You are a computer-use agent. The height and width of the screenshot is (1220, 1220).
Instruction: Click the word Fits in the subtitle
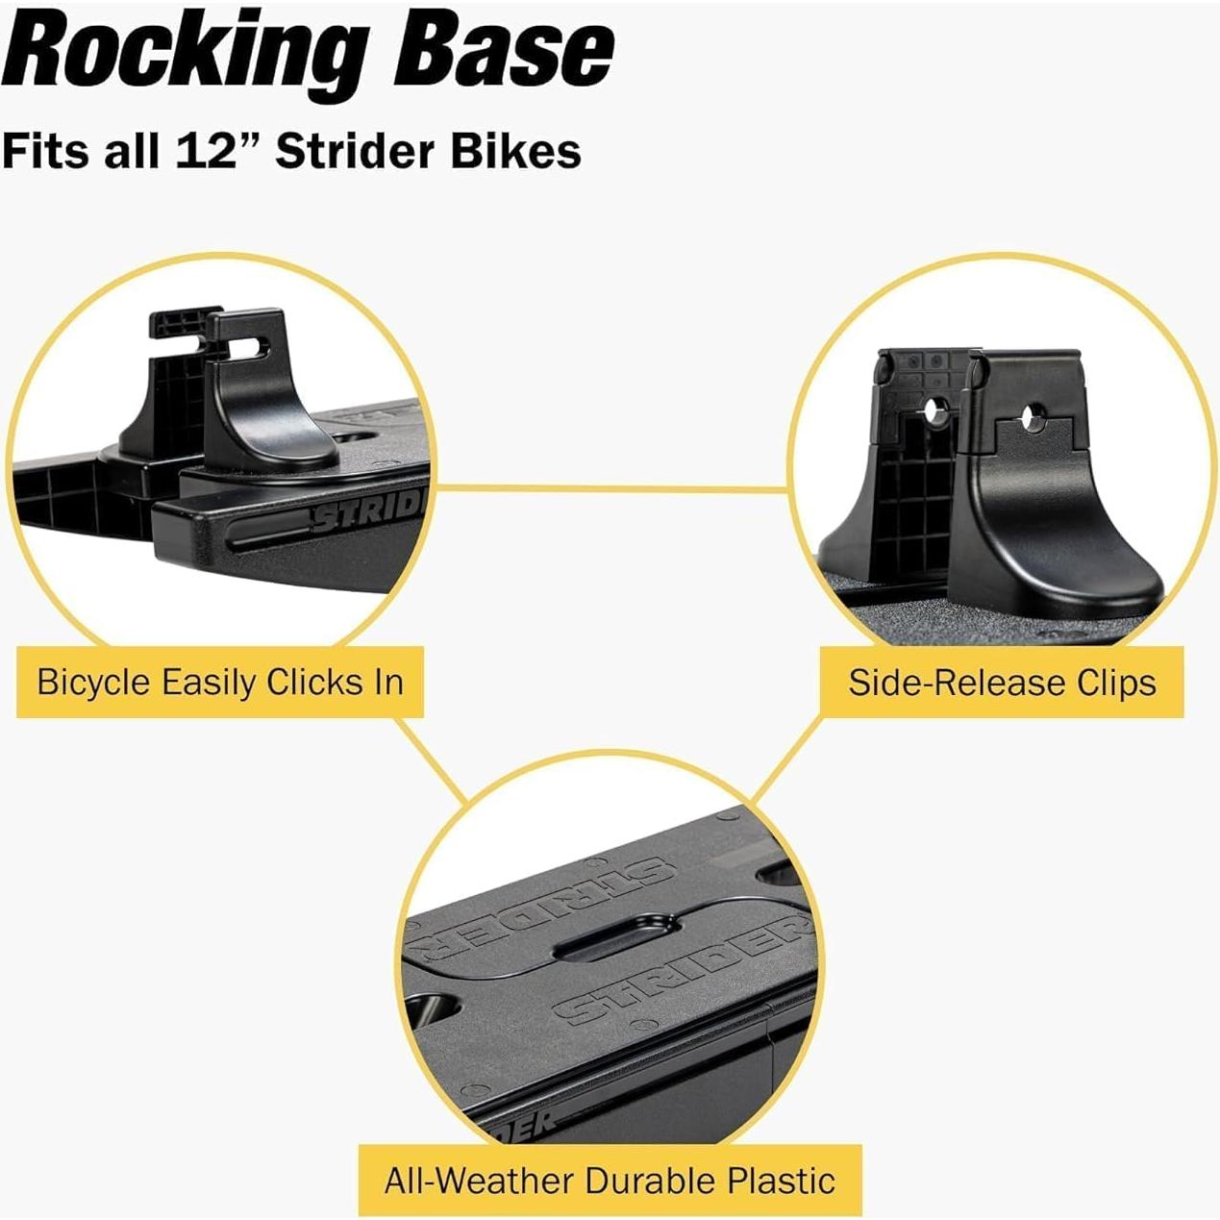point(44,151)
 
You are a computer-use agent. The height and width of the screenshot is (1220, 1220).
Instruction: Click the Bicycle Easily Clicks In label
point(220,683)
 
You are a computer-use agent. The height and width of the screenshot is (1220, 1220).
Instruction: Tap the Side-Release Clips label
point(1002,683)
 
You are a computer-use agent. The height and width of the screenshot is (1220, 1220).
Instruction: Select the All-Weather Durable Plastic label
point(610,1180)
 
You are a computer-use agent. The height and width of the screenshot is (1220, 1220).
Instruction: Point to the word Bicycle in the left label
point(93,683)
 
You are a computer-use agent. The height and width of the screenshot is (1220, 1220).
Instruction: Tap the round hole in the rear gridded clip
point(930,411)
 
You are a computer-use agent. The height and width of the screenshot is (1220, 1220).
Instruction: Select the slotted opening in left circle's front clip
point(252,344)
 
